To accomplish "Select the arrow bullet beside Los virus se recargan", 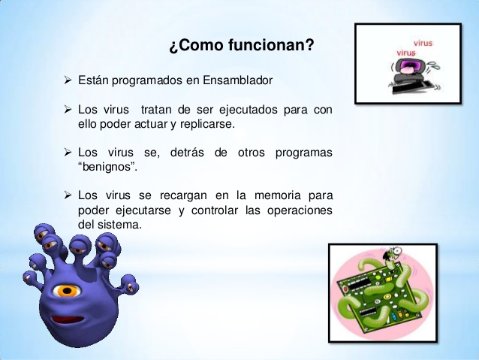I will [x=68, y=196].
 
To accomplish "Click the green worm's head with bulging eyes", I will [x=395, y=259].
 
